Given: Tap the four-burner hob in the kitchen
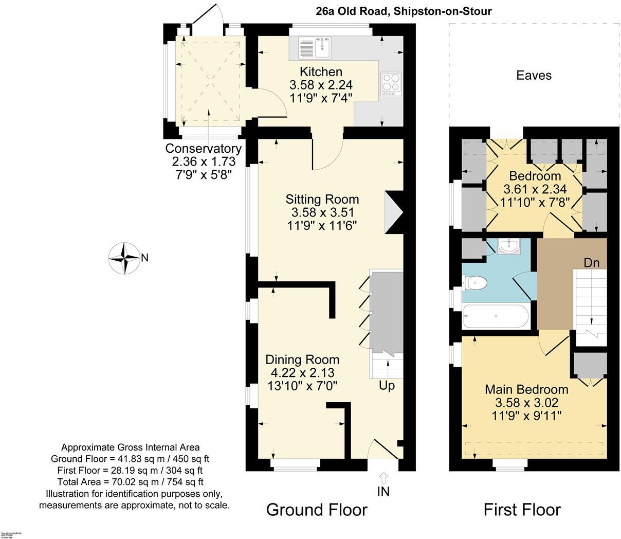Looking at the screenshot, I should coord(390,84).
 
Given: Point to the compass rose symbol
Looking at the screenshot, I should coord(124,258).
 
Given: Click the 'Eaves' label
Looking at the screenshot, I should coord(534,76).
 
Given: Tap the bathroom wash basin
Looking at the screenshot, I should coord(510,247).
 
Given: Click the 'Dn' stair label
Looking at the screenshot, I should coord(591,263).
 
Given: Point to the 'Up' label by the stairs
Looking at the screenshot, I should coord(387,385).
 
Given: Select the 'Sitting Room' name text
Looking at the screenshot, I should coord(322,199).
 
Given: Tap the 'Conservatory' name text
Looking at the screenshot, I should coord(203,149).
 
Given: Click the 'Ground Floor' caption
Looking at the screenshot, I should coord(317,510).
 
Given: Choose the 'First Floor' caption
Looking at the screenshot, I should coord(522,510).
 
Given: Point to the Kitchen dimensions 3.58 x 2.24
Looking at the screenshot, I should coord(321,85).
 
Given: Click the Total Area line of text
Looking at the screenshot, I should coord(130,482).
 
